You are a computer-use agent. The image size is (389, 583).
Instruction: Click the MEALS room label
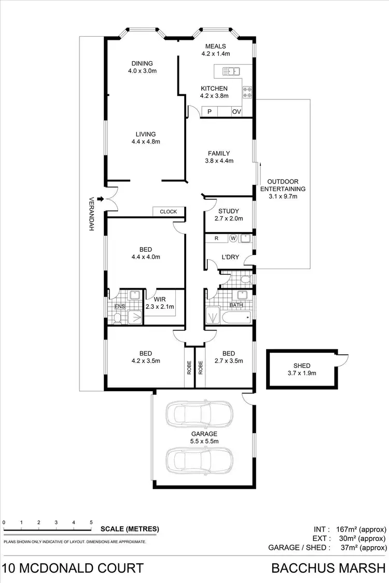pos(216,46)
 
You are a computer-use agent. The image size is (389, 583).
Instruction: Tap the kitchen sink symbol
pos(229,71)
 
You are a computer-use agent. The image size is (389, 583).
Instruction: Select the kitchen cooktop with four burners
pos(247,92)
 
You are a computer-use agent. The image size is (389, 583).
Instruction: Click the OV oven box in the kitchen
pos(237,112)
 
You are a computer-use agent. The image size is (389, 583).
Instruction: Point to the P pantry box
pos(210,112)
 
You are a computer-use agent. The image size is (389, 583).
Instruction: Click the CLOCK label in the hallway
pos(168,211)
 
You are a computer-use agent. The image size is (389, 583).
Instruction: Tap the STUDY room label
pos(228,211)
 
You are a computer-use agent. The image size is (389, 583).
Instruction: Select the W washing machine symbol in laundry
pos(233,238)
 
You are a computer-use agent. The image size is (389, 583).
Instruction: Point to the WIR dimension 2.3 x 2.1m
pos(160,307)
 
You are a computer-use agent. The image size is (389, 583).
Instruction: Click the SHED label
pos(301,365)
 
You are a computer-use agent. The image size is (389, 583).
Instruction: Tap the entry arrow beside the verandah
pos(99,200)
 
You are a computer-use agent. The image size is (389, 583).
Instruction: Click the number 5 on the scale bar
pos(91,522)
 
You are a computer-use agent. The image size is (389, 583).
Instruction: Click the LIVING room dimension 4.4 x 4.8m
pos(146,141)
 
